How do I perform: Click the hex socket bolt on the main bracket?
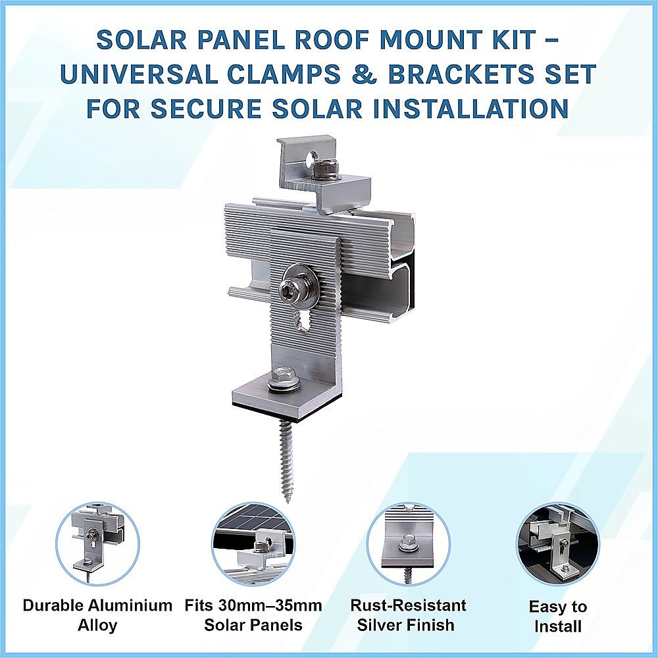coord(290,289)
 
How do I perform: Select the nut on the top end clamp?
coord(325,169)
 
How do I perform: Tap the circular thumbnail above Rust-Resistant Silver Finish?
coord(408,544)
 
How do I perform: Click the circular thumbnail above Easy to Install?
coord(557,544)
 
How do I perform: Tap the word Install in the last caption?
coord(558,626)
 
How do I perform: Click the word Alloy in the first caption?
coord(97,624)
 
